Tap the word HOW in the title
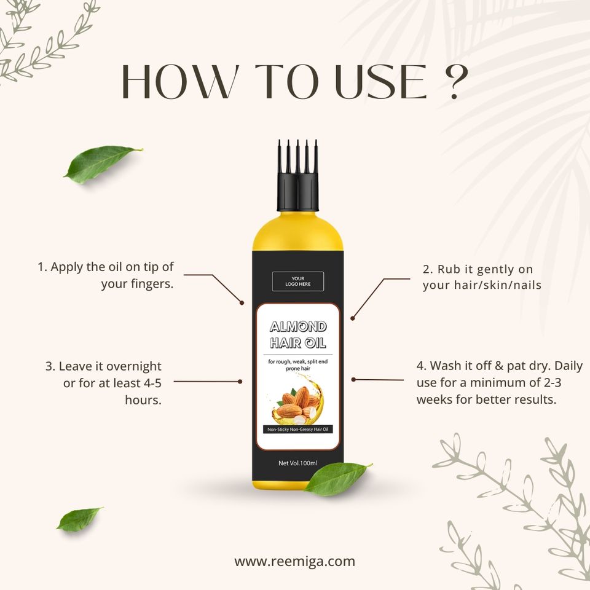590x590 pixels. click(x=180, y=82)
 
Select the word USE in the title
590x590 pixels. click(x=380, y=82)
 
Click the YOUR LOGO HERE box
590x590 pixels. click(x=297, y=281)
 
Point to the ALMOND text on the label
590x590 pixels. click(x=298, y=326)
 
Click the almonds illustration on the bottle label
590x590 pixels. click(x=298, y=401)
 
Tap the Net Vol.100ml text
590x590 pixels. click(x=297, y=463)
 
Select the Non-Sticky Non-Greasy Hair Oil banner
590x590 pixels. click(x=297, y=430)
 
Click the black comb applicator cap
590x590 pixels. click(x=297, y=175)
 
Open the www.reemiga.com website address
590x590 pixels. click(x=294, y=561)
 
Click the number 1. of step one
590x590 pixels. click(x=42, y=267)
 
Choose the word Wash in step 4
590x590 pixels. click(x=447, y=365)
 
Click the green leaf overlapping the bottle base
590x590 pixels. click(x=337, y=478)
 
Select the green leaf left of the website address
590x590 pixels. click(x=79, y=519)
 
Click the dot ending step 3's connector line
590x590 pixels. click(x=240, y=382)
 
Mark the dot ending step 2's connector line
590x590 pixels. click(x=353, y=318)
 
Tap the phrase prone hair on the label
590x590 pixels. click(x=297, y=369)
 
